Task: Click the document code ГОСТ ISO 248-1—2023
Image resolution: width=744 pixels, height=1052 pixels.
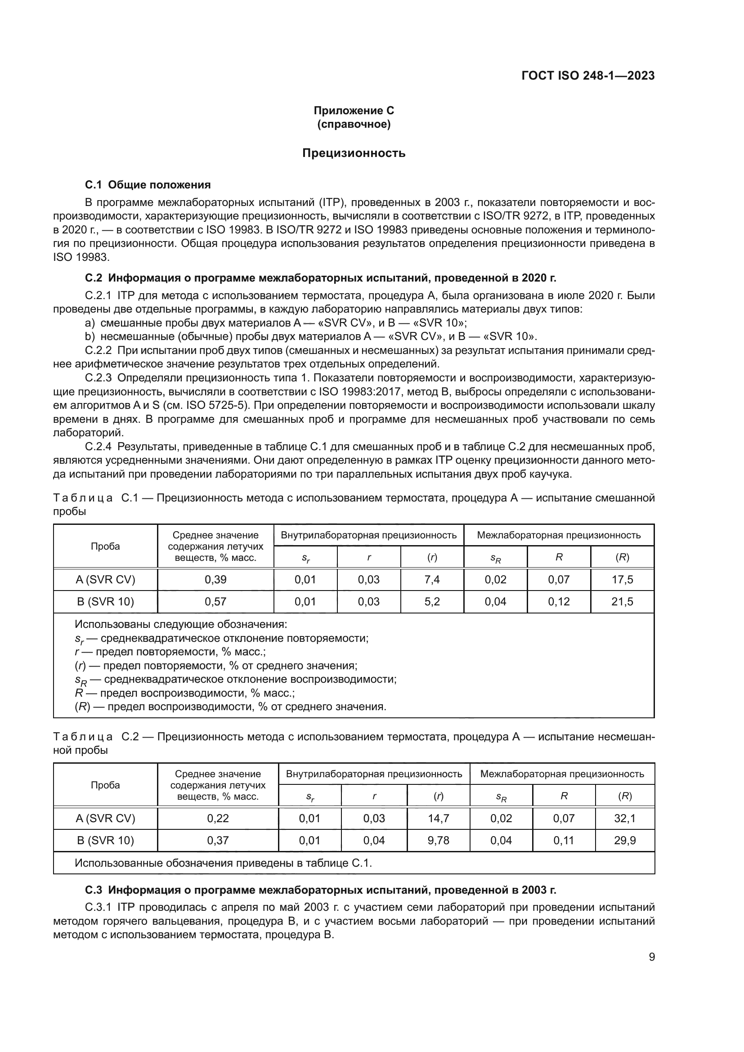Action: (x=588, y=76)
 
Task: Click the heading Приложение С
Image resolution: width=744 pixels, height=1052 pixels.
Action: (x=354, y=111)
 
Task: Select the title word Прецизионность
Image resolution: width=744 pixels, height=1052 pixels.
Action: (x=354, y=153)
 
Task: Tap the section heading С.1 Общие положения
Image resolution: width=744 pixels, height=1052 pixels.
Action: (x=148, y=185)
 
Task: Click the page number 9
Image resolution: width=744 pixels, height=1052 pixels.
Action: (x=651, y=957)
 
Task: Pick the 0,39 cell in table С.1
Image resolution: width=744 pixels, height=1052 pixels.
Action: (x=215, y=580)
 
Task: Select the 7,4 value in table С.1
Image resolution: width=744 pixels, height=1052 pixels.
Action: (x=432, y=580)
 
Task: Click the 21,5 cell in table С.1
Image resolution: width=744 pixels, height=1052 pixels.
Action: (x=622, y=602)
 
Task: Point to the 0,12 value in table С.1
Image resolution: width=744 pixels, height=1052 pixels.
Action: (x=559, y=602)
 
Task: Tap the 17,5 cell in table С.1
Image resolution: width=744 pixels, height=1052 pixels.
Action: (x=622, y=580)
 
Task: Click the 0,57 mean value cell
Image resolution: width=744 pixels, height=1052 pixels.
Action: (x=215, y=602)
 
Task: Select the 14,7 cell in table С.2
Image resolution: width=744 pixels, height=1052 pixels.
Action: (x=439, y=818)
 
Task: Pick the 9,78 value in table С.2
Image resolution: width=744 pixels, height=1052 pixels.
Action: (x=439, y=840)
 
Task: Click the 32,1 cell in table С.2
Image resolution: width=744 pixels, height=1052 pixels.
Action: (x=625, y=818)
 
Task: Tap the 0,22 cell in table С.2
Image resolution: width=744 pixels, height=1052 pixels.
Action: (x=218, y=818)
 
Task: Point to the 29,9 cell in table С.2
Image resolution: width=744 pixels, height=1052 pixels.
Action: (x=625, y=840)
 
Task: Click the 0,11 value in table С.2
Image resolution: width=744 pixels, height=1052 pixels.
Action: (x=564, y=840)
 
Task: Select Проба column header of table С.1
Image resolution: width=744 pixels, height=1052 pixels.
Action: (x=105, y=546)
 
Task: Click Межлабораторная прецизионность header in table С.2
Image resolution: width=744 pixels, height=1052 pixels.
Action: (x=562, y=774)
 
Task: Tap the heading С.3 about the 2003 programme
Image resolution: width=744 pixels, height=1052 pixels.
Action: (x=321, y=890)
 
